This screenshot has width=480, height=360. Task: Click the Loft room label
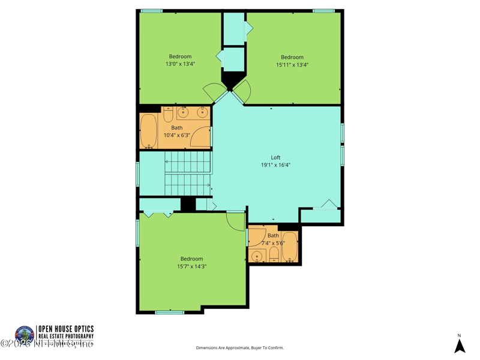[x=275, y=158]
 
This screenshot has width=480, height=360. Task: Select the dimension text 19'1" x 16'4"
[x=275, y=165]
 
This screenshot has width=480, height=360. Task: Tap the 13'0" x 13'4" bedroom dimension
[x=180, y=64]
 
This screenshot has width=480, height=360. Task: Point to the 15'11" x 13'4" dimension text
[x=292, y=65]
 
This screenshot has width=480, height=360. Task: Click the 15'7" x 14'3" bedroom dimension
[x=191, y=266]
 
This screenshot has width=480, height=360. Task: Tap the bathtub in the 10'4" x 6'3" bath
[x=148, y=131]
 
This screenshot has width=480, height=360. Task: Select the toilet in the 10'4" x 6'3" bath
[x=168, y=114]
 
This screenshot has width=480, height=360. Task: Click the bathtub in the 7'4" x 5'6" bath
[x=290, y=247]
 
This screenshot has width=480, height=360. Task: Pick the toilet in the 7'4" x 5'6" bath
[x=274, y=256]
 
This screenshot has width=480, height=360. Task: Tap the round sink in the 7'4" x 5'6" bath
[x=257, y=256]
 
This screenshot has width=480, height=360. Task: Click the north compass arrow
[x=460, y=346]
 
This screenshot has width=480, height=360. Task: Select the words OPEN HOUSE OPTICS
[x=66, y=329]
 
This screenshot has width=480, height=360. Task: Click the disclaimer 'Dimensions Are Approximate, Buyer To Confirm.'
[x=239, y=348]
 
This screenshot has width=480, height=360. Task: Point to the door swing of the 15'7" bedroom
[x=236, y=221]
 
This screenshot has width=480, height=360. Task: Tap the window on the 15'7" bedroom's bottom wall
[x=170, y=312]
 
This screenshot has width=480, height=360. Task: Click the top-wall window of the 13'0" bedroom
[x=152, y=11]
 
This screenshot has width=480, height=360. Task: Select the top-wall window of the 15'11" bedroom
[x=323, y=11]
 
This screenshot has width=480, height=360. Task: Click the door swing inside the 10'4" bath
[x=203, y=139]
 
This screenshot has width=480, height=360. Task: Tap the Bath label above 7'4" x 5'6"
[x=273, y=235]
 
